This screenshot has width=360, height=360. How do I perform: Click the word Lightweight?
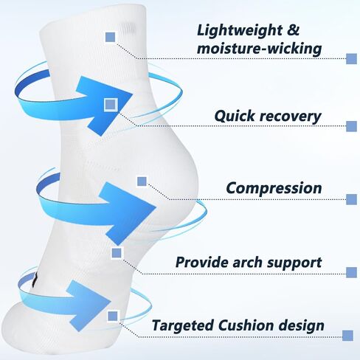(240, 31)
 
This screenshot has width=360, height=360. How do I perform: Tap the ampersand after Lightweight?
(294, 30)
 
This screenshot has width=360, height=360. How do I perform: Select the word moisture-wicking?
(260, 49)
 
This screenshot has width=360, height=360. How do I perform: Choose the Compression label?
(274, 188)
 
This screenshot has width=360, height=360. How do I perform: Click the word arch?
(247, 262)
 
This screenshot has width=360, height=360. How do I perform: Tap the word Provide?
(201, 262)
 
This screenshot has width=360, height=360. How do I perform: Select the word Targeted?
(182, 325)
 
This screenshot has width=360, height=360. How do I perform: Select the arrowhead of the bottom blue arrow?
(89, 305)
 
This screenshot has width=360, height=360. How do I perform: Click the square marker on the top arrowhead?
(110, 105)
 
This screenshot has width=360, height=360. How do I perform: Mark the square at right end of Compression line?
(351, 199)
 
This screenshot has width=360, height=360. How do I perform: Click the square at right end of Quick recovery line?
(351, 126)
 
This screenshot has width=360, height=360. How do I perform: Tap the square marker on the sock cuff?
(111, 38)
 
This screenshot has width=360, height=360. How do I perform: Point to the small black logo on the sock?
(35, 280)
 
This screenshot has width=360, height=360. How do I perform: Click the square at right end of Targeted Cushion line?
(347, 336)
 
